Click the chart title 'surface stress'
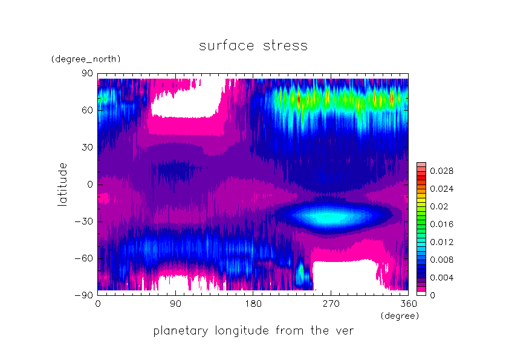click(253, 45)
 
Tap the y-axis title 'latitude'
click(62, 185)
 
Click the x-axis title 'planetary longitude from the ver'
click(253, 331)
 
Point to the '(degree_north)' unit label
click(86, 59)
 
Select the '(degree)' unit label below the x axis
click(400, 316)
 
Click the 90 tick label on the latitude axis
click(87, 73)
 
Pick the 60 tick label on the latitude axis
click(87, 111)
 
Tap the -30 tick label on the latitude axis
click(84, 221)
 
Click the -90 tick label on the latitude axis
click(84, 295)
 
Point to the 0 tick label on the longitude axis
click(98, 304)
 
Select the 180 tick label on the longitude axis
click(253, 304)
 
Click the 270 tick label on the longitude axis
click(331, 304)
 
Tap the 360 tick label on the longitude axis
click(409, 304)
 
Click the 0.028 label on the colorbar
click(441, 171)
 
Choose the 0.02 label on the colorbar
click(439, 207)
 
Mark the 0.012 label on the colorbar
click(441, 242)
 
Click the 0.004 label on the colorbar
click(441, 278)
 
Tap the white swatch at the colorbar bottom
click(421, 293)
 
